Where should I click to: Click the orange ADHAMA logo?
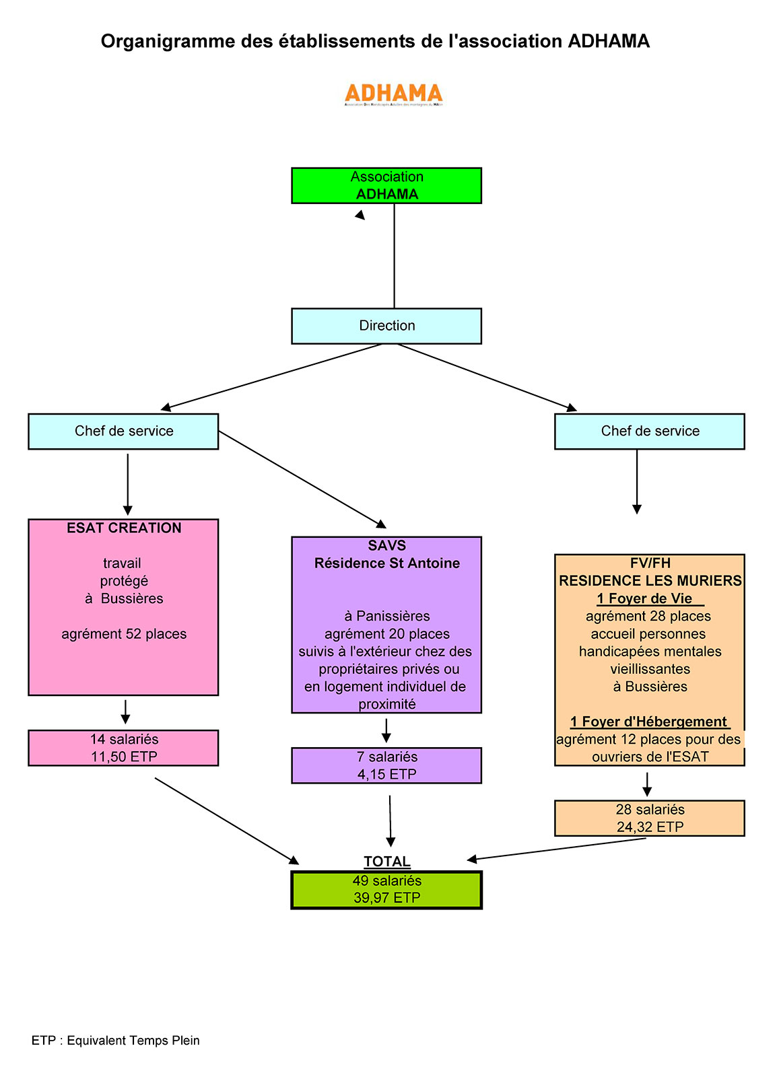click(x=393, y=94)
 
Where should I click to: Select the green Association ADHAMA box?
click(x=386, y=185)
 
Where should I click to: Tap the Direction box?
click(x=386, y=326)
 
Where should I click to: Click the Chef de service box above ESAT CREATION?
click(x=123, y=431)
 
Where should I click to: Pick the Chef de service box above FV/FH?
click(x=649, y=431)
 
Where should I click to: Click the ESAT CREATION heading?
click(x=124, y=528)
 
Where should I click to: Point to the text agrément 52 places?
click(x=124, y=634)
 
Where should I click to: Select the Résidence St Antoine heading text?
click(x=386, y=563)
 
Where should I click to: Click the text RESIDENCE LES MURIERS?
click(x=650, y=581)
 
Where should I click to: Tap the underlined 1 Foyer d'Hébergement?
click(x=649, y=722)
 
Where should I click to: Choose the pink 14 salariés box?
click(x=123, y=748)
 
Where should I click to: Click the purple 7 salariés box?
click(x=386, y=765)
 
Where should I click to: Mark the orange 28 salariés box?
click(x=649, y=818)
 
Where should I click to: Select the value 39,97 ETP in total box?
click(x=386, y=898)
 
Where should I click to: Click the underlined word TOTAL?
click(x=386, y=862)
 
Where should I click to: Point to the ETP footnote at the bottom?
click(x=116, y=1041)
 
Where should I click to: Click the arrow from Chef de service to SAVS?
click(x=303, y=480)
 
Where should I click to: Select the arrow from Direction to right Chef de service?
click(x=487, y=378)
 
